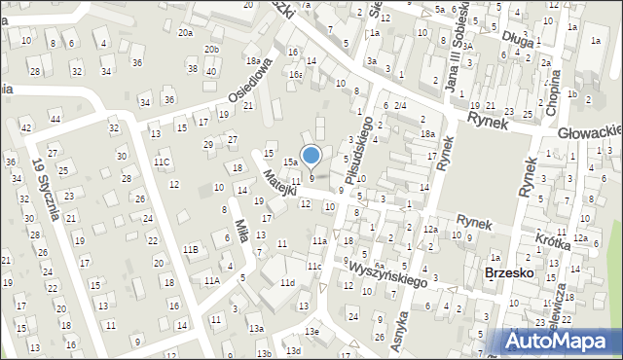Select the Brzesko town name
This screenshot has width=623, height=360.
click(508, 273)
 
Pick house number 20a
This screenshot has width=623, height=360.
click(185, 32)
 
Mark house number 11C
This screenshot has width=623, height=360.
click(162, 162)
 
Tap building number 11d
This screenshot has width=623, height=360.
click(286, 283)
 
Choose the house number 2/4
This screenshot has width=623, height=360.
click(399, 105)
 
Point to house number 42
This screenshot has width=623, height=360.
click(26, 128)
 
